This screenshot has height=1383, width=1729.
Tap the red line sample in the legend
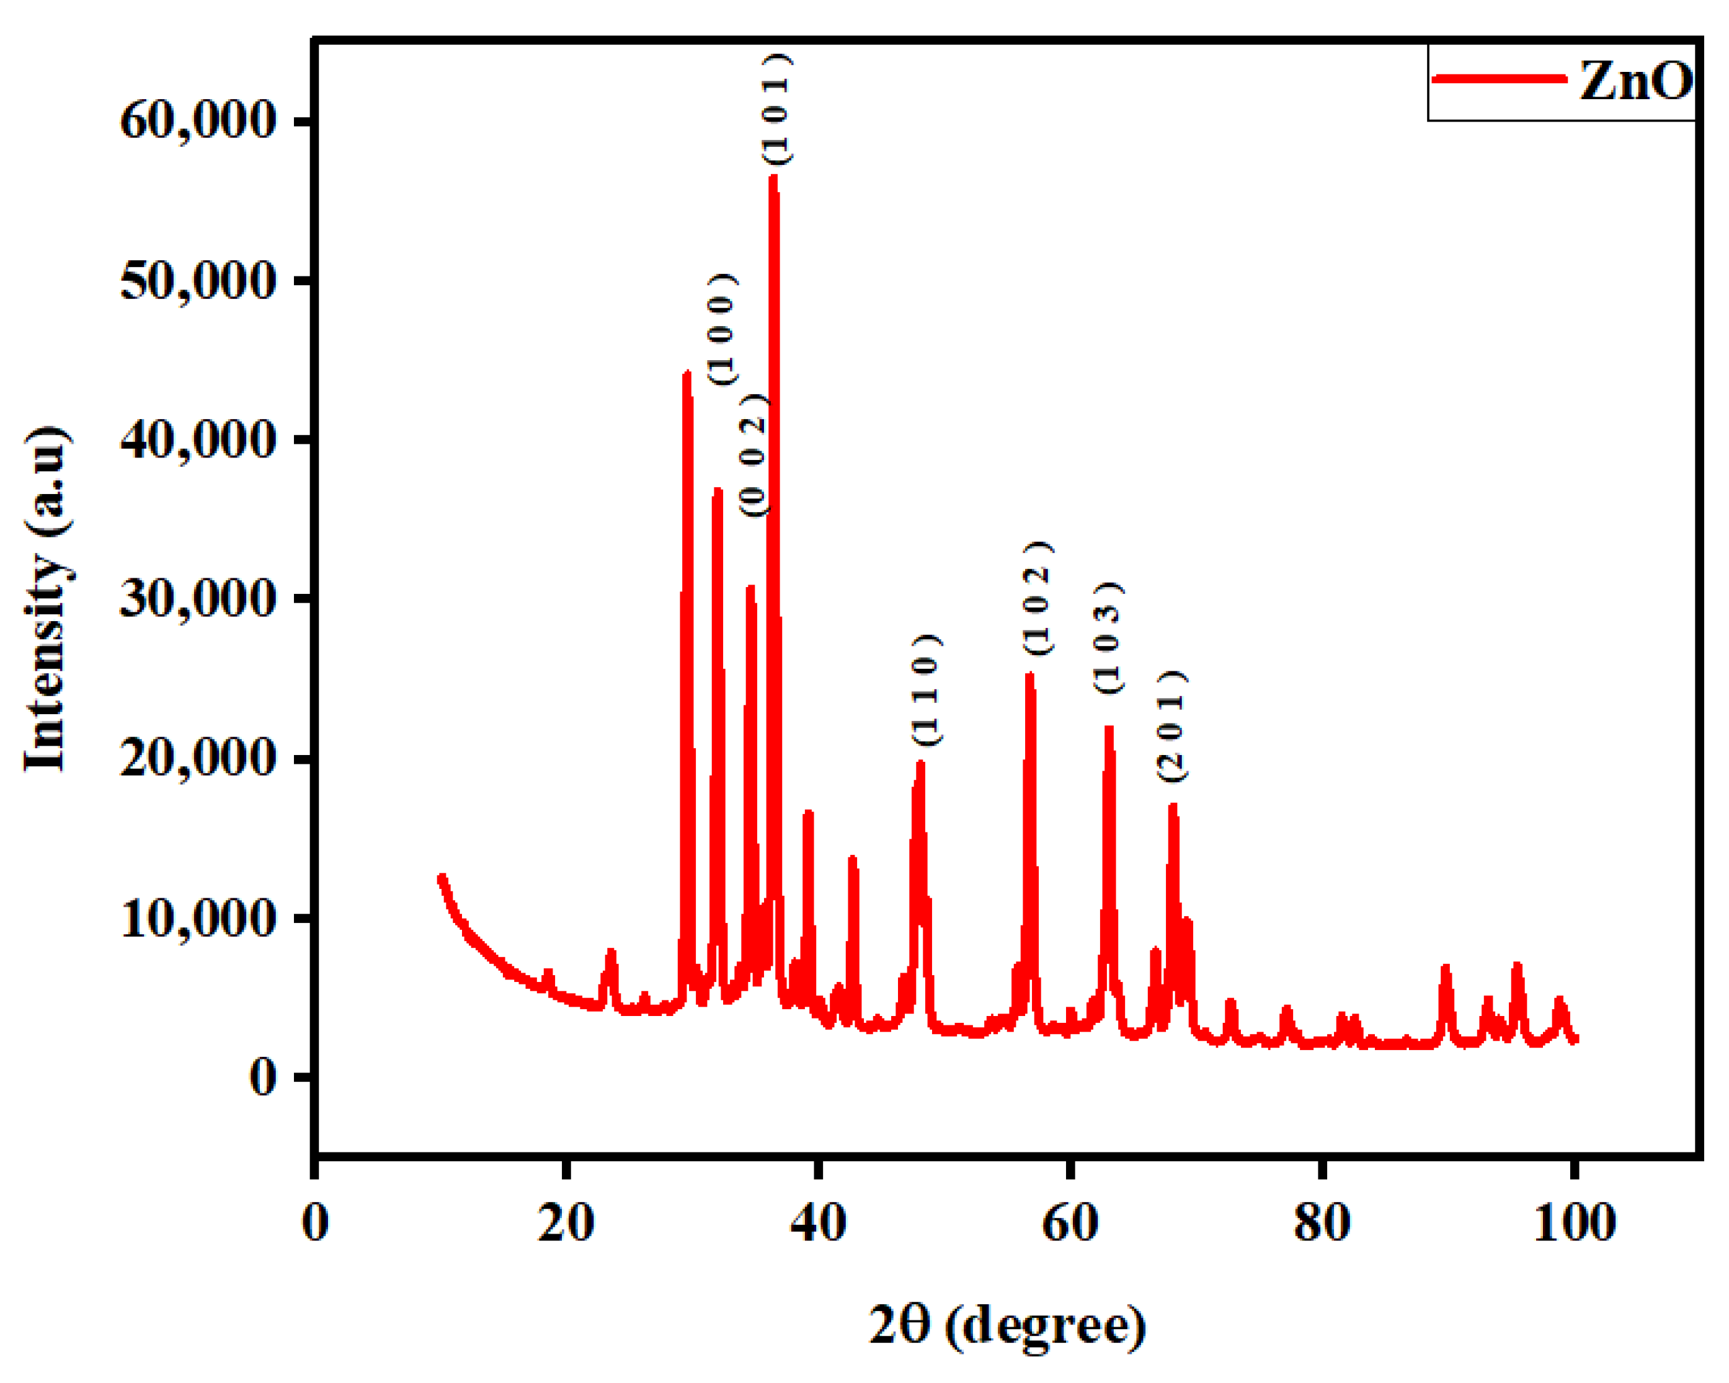point(1499,79)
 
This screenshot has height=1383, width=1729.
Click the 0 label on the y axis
point(262,1077)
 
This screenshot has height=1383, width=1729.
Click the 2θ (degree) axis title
point(1007,1325)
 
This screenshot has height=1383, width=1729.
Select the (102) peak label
point(1037,598)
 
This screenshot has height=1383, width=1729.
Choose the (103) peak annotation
point(1108,638)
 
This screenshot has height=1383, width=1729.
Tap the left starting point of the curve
point(440,877)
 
